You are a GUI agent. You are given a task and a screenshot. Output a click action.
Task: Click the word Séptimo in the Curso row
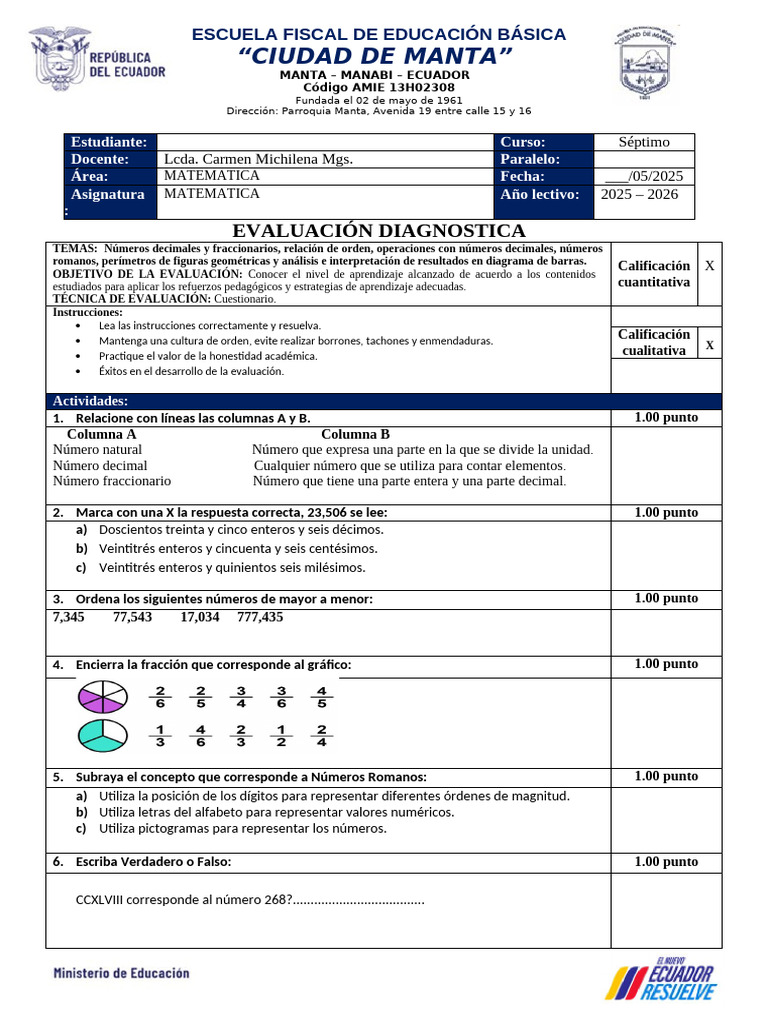pyautogui.click(x=644, y=142)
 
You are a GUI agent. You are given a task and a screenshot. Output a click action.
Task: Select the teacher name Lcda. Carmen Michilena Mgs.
pyautogui.click(x=258, y=159)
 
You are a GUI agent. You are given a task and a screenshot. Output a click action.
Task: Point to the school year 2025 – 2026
pyautogui.click(x=640, y=194)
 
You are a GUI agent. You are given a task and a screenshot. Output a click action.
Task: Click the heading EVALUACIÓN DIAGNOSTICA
pyautogui.click(x=379, y=232)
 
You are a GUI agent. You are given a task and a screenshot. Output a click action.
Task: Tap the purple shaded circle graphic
pyautogui.click(x=102, y=697)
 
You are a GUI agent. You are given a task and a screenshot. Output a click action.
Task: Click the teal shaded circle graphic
pyautogui.click(x=102, y=736)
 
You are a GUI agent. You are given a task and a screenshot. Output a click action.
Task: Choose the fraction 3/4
pyautogui.click(x=241, y=697)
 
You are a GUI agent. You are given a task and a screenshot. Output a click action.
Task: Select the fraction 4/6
pyautogui.click(x=201, y=736)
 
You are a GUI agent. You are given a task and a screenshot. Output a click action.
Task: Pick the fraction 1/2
pyautogui.click(x=281, y=736)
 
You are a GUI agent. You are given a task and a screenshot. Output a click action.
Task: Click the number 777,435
pyautogui.click(x=260, y=617)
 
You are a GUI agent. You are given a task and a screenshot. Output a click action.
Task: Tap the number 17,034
pyautogui.click(x=200, y=617)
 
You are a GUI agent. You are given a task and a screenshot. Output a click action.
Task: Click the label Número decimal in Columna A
pyautogui.click(x=100, y=465)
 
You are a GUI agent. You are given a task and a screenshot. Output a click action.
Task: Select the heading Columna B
pyautogui.click(x=355, y=434)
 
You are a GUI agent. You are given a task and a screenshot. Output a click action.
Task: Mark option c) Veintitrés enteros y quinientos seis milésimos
pyautogui.click(x=232, y=568)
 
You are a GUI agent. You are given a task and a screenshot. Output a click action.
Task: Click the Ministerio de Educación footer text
pyautogui.click(x=121, y=972)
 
